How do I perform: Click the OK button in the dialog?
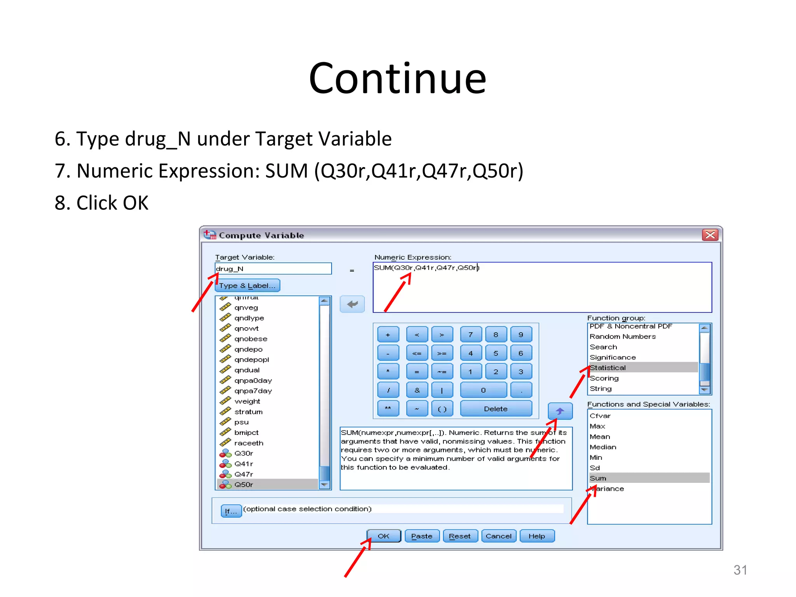click(x=384, y=536)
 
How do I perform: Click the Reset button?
click(x=460, y=536)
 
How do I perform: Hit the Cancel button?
click(x=498, y=536)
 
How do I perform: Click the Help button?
click(x=537, y=536)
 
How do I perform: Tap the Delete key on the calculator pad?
click(x=496, y=409)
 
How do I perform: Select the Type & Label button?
click(x=247, y=286)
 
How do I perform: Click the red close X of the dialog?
click(x=710, y=235)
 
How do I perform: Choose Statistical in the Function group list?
click(x=608, y=368)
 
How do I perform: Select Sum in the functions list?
click(x=598, y=478)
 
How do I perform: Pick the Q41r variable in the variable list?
click(x=244, y=464)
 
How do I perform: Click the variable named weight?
click(x=247, y=401)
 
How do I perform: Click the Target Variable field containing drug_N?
click(x=273, y=269)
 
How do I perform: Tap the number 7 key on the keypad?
click(x=471, y=335)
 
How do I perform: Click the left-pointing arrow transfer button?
click(x=352, y=304)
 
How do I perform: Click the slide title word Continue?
click(x=397, y=79)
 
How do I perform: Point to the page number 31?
click(x=740, y=570)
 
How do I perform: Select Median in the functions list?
click(x=603, y=447)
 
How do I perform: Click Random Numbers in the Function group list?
click(x=623, y=337)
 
